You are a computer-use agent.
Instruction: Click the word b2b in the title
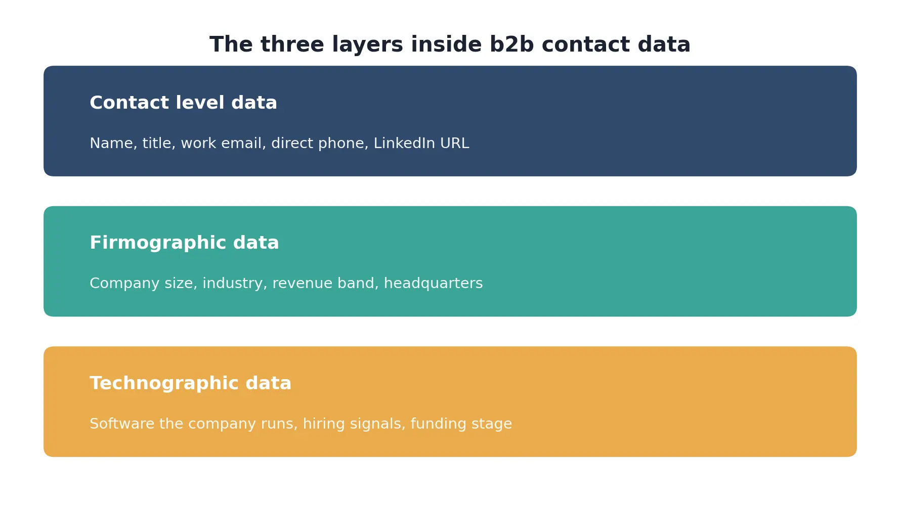pos(511,44)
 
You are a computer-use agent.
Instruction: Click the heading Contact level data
pos(183,103)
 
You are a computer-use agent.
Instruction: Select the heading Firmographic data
pos(184,243)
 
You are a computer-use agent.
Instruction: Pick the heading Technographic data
pos(190,383)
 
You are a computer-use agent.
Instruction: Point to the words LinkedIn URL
pos(421,144)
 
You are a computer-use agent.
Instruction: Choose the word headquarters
pos(433,284)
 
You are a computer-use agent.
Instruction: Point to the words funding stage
pos(461,424)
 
